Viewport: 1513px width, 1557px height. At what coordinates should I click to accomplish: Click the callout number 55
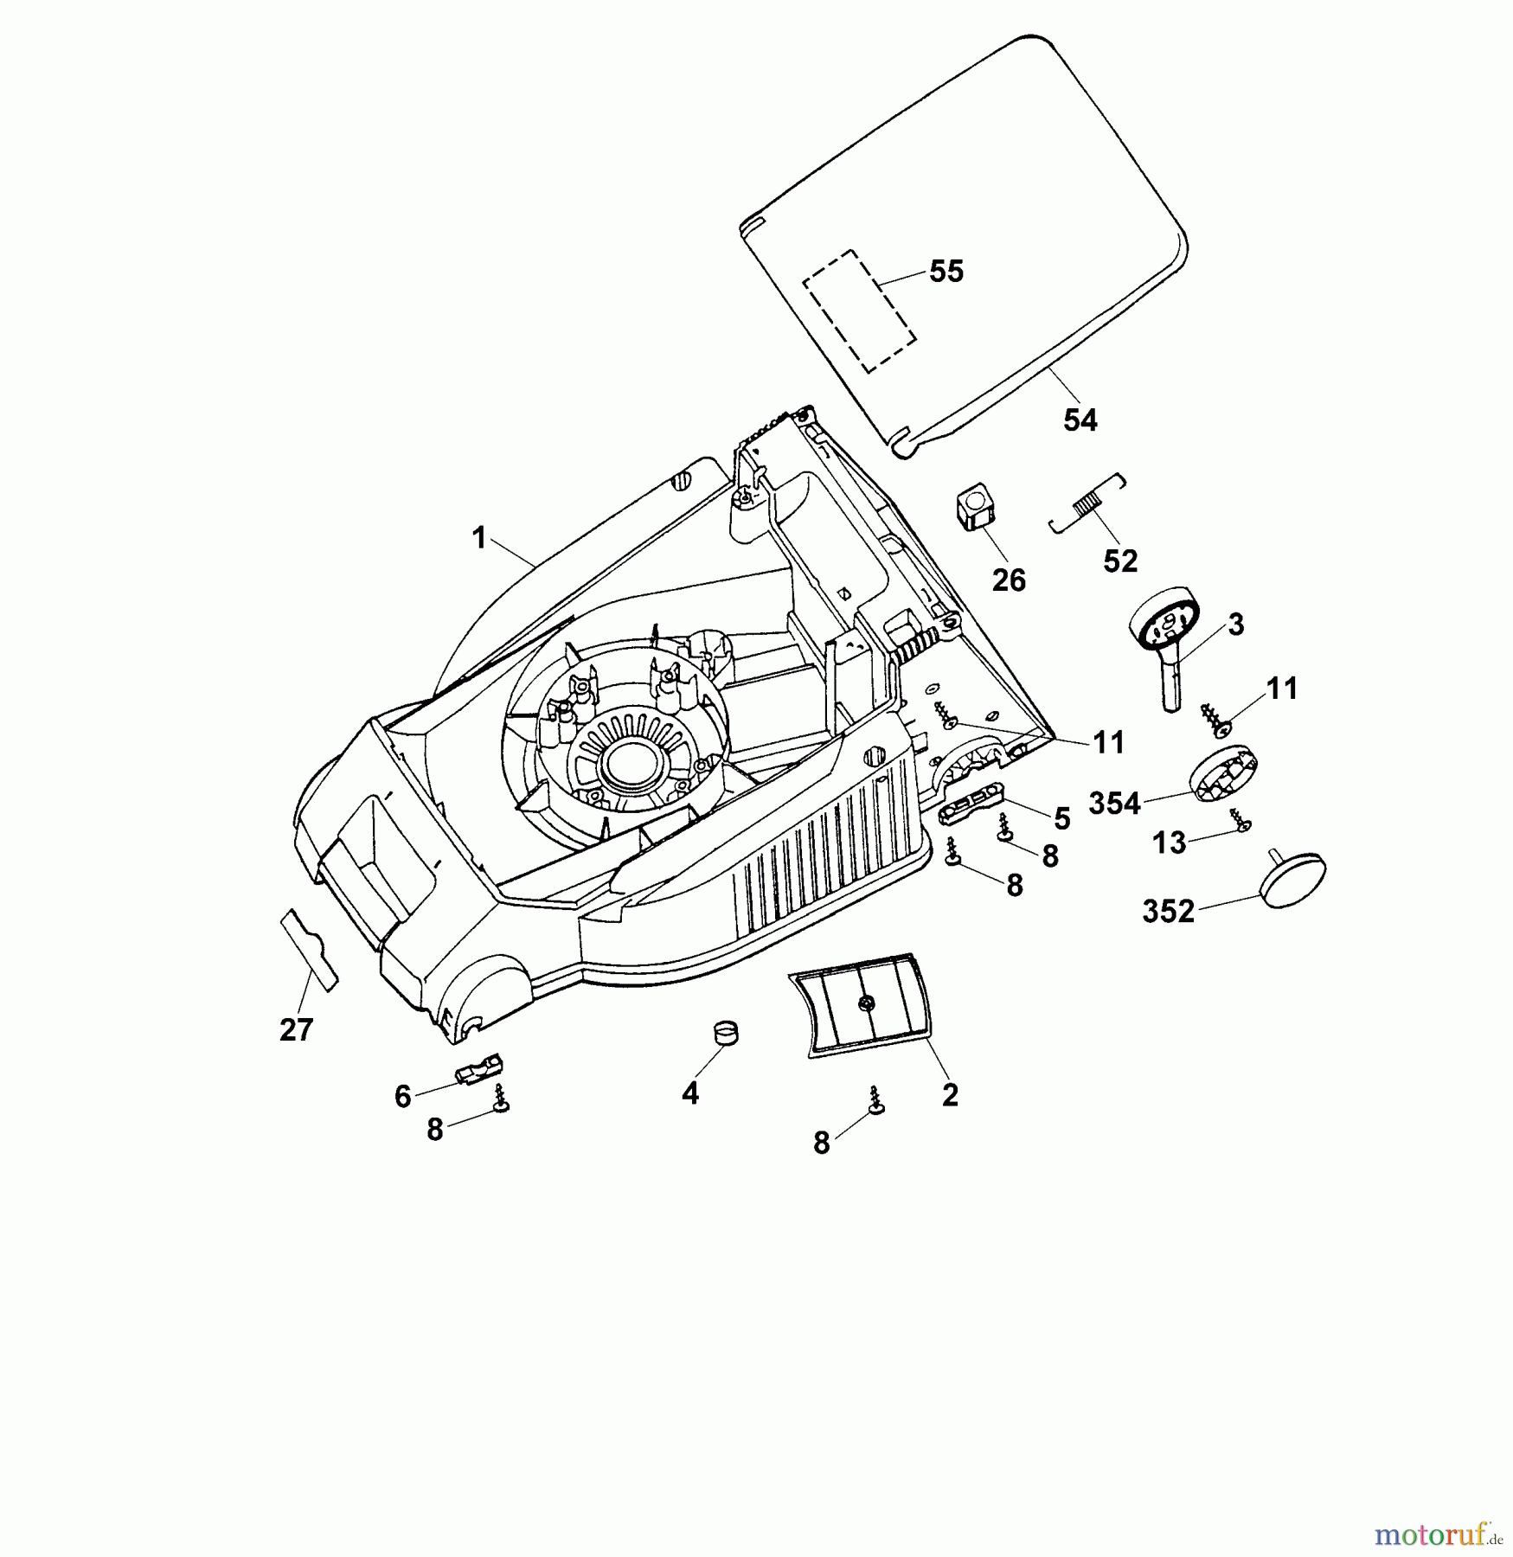tap(946, 272)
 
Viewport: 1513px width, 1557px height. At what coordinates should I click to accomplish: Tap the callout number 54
tap(1080, 420)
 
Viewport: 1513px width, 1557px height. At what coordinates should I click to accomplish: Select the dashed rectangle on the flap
tap(858, 311)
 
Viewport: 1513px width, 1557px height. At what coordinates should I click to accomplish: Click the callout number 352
tap(1168, 912)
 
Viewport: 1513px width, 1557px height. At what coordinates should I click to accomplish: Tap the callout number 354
tap(1114, 804)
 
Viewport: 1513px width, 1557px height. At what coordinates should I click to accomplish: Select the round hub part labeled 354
tap(1221, 775)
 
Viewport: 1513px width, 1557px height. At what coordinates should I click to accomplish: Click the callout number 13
tap(1170, 843)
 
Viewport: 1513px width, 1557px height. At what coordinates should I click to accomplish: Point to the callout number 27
tap(296, 1030)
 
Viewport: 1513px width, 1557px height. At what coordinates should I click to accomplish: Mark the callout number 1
tap(478, 538)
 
